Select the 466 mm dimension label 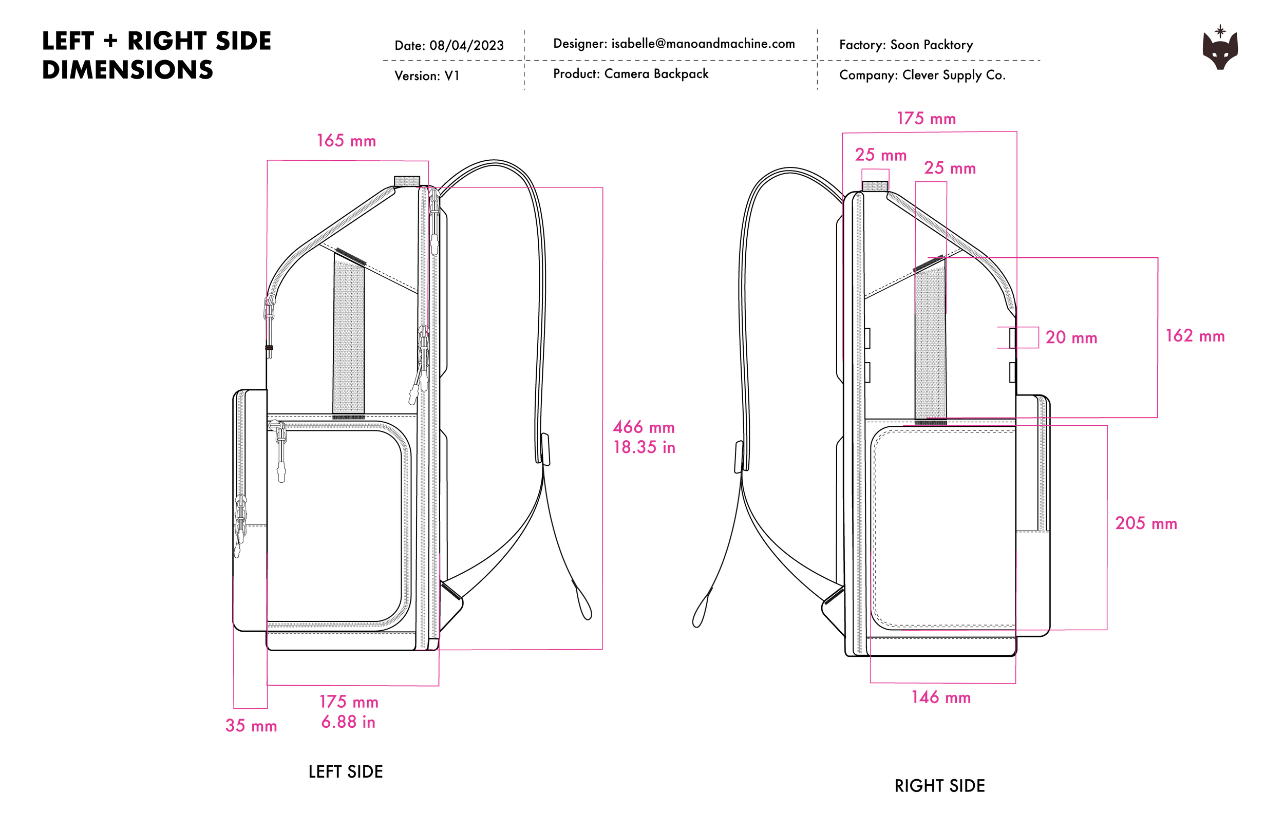pos(644,427)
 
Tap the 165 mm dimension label pos(346,141)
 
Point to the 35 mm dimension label pos(251,726)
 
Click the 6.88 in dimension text pos(348,722)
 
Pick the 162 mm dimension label pos(1195,336)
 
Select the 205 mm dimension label pos(1146,523)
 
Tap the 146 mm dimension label pos(941,697)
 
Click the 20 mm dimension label pos(1071,338)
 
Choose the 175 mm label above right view pos(926,119)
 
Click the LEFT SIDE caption pos(345,771)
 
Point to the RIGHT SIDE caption pos(939,786)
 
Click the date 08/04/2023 pos(466,45)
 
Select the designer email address pos(703,44)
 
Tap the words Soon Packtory pos(931,45)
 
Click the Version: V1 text pos(426,76)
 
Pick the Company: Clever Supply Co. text pos(922,75)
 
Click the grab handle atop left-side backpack pos(407,181)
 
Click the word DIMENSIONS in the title pos(127,70)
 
